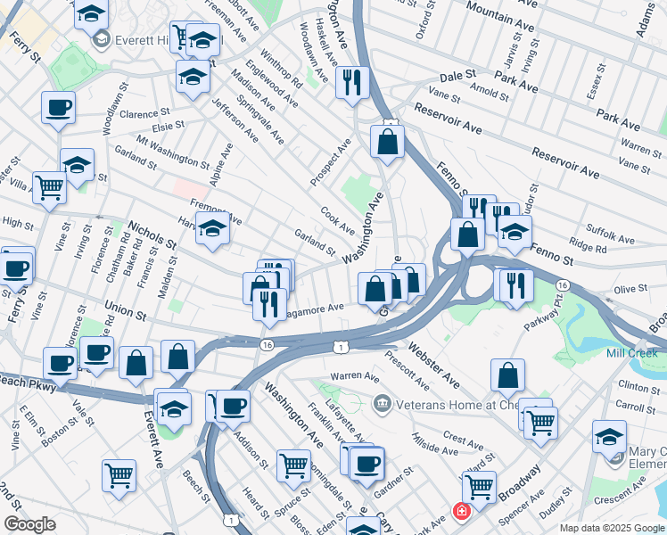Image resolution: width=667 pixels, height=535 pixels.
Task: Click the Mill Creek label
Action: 631,353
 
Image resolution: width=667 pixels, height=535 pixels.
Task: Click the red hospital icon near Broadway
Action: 461,512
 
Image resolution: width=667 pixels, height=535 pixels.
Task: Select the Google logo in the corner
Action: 29,524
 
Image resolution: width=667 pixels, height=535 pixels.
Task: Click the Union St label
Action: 124,309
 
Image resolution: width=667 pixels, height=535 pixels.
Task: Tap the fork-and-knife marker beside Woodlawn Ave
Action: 353,82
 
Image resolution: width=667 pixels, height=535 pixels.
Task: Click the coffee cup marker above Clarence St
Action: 58,108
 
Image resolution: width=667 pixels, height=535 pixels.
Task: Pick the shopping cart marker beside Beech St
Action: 119,474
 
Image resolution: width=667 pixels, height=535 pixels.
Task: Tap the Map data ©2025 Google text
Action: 610,528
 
